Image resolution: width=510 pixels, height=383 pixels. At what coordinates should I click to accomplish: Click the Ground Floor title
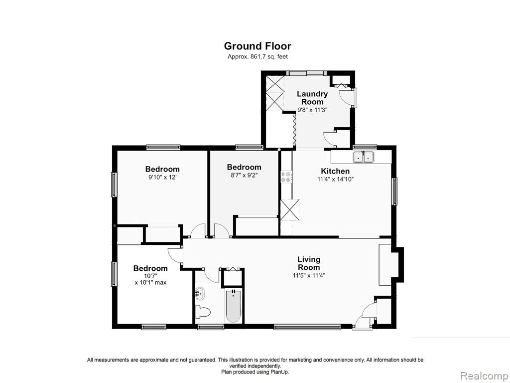pos(257,46)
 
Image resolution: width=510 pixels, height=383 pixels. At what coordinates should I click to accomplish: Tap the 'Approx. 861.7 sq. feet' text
pos(257,57)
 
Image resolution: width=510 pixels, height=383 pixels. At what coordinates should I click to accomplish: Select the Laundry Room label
pos(312,98)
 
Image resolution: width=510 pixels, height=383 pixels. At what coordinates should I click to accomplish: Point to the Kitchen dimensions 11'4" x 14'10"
pos(335,179)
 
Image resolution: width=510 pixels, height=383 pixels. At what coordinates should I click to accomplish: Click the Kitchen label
pos(335,171)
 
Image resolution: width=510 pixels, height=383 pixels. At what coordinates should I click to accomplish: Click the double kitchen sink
pos(364,157)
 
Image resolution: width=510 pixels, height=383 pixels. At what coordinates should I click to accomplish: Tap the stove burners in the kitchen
pos(286,177)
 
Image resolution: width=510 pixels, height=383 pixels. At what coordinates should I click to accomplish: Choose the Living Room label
pos(309,263)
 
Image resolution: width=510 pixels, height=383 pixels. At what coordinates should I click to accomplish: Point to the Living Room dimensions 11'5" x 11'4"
pos(309,275)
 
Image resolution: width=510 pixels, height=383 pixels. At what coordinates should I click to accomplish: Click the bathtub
pos(233,306)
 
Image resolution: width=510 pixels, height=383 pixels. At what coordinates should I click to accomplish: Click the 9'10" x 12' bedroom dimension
pos(162,178)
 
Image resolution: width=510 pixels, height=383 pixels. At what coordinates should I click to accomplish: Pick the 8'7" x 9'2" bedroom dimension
pos(244,175)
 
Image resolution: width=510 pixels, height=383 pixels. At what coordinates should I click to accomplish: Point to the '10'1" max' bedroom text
pos(150,283)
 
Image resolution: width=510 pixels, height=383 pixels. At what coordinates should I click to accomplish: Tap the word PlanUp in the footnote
pos(278,372)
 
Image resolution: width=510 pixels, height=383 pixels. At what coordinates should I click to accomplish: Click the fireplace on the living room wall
pos(390,265)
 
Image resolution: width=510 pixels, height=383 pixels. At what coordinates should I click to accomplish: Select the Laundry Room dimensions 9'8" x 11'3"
pos(312,110)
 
